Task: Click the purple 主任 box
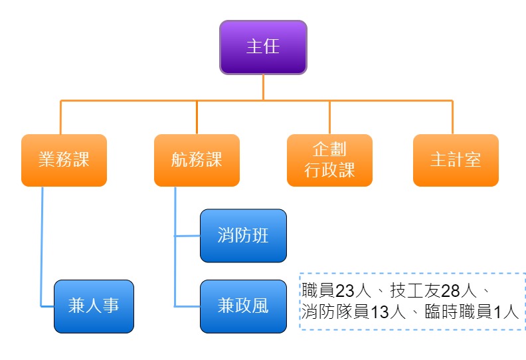pos(263,47)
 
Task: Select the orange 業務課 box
pos(64,160)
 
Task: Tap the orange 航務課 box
pos(197,160)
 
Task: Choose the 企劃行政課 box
pos(329,160)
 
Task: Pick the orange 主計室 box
pos(456,160)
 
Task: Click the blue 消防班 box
pos(243,236)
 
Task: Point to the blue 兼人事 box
pos(94,306)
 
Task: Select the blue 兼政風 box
pos(243,306)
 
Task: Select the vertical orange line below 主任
pos(263,86)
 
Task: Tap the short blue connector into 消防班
pos(187,236)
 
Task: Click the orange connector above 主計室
pos(452,117)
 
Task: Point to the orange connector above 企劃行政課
pos(329,117)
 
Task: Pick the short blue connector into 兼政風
pos(187,306)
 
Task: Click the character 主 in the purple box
pos(254,47)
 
